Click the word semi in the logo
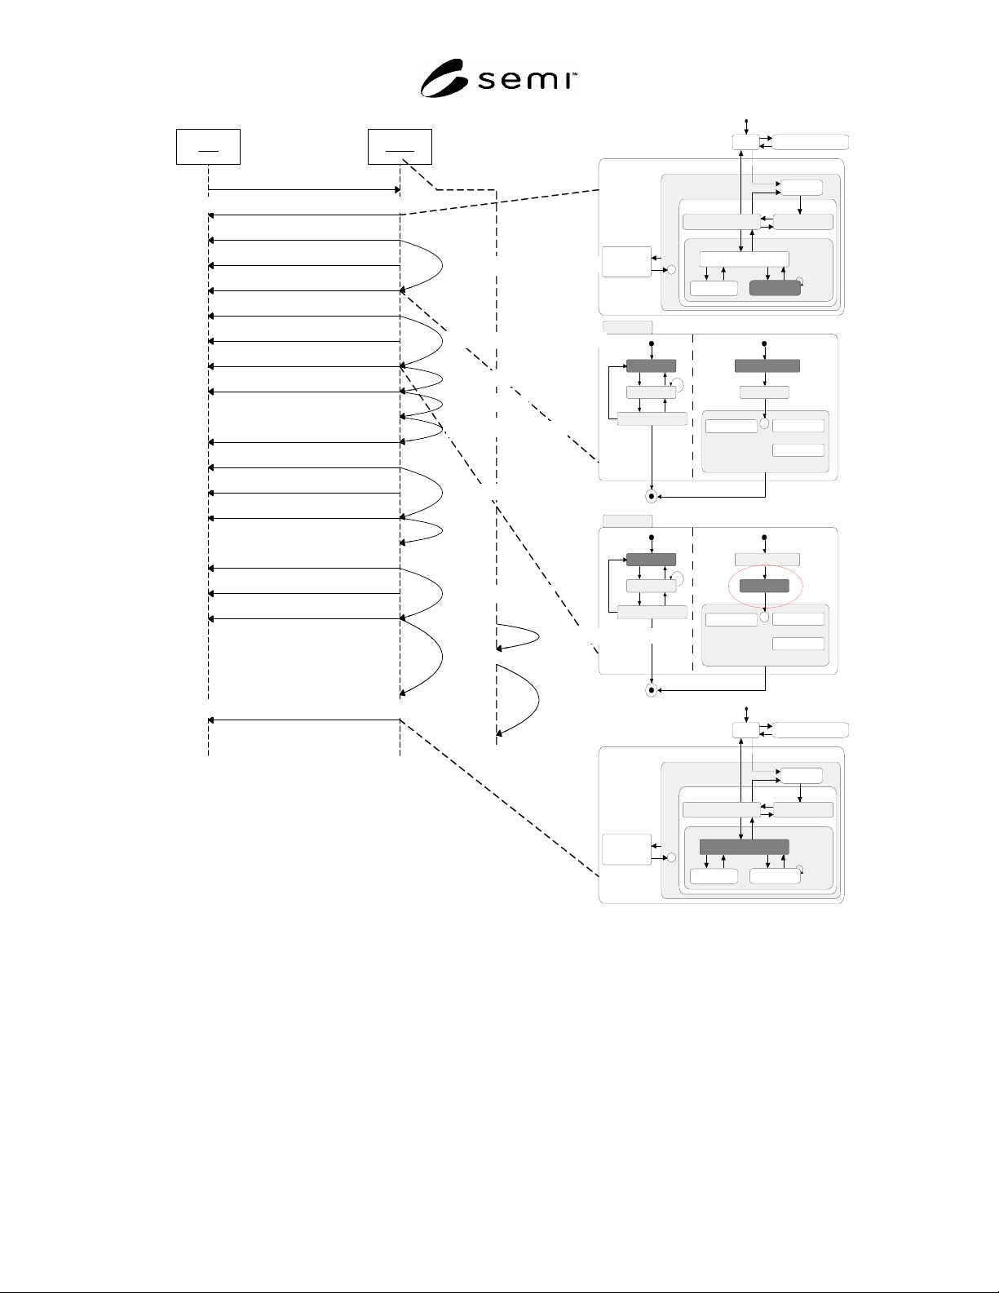pos(526,80)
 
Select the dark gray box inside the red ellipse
pos(764,586)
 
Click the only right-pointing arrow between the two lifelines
pos(304,190)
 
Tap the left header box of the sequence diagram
pos(208,146)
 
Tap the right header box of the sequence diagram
pos(400,146)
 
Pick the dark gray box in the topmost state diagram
pos(775,288)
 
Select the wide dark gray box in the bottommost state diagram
pos(744,848)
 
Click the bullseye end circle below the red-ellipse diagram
pos(652,690)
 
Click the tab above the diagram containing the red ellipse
pos(627,521)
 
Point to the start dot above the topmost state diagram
pos(746,121)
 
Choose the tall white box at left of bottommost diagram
pos(626,850)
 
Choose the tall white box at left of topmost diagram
pos(626,262)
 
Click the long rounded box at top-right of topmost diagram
pos(810,142)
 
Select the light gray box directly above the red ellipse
pos(767,560)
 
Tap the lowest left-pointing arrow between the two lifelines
pos(304,720)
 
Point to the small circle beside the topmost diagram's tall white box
pos(671,270)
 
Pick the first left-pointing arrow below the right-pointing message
pos(304,215)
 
